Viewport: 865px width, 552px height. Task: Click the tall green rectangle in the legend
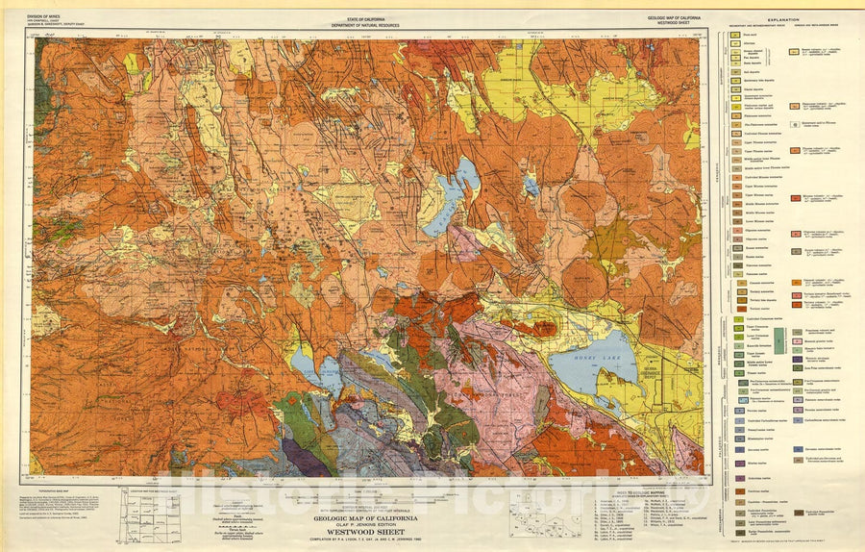tap(780, 341)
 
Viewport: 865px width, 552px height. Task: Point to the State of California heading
tap(366, 16)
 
